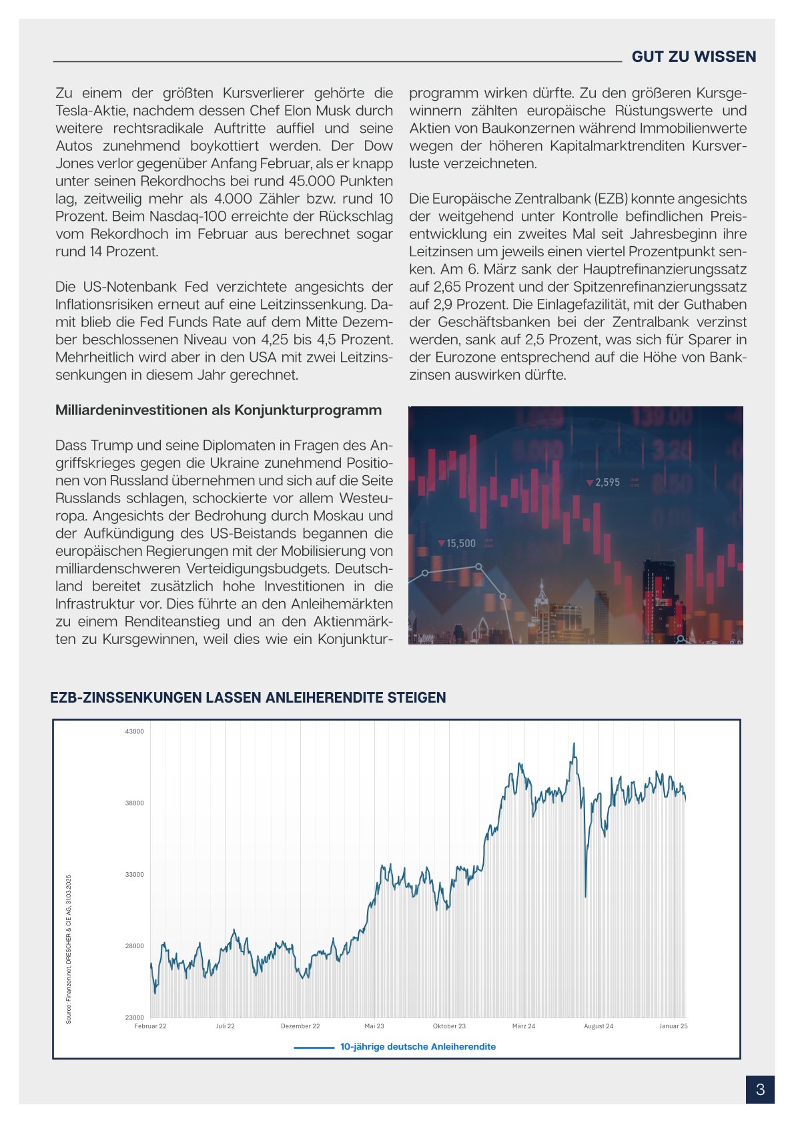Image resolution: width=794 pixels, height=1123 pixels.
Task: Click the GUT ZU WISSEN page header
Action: pos(693,57)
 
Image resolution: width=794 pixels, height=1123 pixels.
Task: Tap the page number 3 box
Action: pos(760,1090)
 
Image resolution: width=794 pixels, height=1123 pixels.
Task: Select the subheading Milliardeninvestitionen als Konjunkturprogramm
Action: pos(218,410)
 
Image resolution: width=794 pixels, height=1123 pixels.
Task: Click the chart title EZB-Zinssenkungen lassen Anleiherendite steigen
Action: pos(248,698)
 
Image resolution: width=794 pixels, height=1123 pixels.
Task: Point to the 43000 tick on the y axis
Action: pos(134,731)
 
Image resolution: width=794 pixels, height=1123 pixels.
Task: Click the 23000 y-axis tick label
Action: pos(134,1018)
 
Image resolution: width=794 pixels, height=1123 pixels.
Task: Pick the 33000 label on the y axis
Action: pos(134,875)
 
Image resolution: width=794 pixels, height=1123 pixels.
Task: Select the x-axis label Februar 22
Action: pos(150,1026)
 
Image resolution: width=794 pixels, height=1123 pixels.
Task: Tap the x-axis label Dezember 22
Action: pos(300,1026)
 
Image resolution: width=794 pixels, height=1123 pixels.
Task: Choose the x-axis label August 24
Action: pos(599,1026)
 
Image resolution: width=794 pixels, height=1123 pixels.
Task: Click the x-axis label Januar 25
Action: pos(673,1026)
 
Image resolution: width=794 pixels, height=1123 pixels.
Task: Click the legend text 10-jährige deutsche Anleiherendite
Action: pos(418,1047)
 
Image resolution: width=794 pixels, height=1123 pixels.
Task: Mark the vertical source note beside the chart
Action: pos(69,949)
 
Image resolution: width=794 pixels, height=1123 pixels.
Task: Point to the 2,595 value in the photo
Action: pos(607,482)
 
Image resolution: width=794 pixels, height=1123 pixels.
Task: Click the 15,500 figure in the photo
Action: pos(460,544)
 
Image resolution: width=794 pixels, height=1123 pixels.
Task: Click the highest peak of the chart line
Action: pos(574,743)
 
